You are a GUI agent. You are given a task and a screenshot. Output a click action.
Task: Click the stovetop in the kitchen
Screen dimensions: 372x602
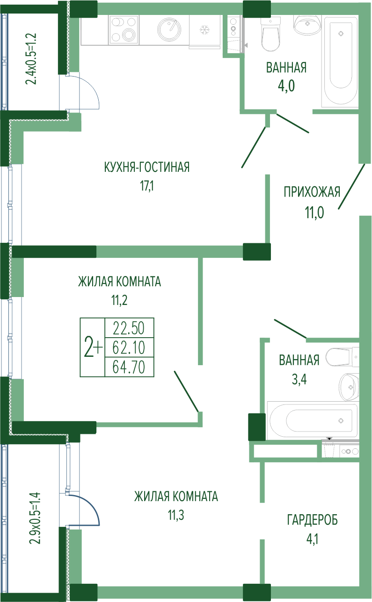124,29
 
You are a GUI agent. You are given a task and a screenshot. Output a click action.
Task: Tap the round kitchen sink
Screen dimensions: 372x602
169,29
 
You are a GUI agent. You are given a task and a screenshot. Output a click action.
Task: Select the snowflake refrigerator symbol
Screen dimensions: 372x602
204,29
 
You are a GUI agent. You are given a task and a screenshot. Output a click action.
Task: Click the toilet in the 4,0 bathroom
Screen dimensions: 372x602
271,35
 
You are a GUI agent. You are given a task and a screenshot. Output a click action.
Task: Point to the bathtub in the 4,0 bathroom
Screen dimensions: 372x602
340,62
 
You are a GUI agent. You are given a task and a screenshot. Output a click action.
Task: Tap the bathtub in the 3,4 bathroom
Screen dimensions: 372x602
312,421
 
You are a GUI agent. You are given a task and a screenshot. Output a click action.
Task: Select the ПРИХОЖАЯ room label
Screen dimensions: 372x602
312,192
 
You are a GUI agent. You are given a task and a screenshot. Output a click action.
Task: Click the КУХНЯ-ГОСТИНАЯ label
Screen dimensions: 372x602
147,167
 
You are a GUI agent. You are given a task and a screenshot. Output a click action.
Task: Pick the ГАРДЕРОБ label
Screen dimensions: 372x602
312,520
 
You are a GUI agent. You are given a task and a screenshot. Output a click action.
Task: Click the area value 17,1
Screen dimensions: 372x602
147,186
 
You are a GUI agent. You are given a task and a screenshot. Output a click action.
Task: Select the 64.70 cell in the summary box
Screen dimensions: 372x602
129,367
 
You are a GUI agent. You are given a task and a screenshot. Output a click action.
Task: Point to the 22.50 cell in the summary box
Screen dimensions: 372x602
129,328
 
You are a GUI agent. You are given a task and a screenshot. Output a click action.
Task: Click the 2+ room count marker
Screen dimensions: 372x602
93,347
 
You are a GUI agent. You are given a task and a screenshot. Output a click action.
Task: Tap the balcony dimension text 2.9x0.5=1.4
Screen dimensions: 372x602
35,518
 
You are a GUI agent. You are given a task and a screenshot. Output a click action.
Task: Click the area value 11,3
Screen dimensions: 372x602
176,515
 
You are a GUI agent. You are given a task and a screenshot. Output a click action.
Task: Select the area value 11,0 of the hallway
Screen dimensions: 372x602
314,212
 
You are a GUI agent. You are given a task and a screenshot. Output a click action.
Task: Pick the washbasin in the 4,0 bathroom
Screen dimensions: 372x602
307,24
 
